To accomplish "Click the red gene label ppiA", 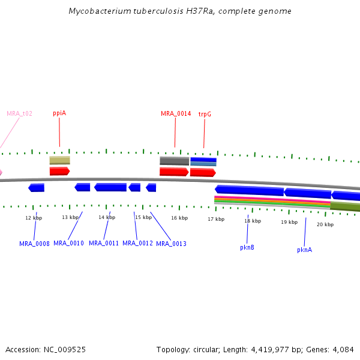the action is click(x=59, y=113).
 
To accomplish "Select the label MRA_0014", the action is click(x=176, y=113).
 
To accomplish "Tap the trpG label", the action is click(x=205, y=113).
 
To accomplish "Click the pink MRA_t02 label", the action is click(x=20, y=113).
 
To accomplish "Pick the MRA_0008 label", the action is click(x=34, y=244).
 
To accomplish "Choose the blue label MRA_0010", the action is click(x=68, y=243).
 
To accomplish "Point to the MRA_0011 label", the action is click(x=104, y=243).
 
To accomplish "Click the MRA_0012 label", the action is click(x=137, y=243).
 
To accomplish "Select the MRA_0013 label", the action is click(x=171, y=244).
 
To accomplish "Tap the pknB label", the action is click(x=247, y=247).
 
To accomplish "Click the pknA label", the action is click(x=304, y=250).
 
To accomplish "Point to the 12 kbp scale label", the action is click(x=34, y=218).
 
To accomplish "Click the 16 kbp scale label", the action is click(x=179, y=218).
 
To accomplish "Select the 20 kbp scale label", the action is click(x=325, y=224).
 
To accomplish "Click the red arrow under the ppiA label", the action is click(x=59, y=171).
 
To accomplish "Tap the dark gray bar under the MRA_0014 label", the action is click(x=174, y=161).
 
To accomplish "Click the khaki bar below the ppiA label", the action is click(x=59, y=160).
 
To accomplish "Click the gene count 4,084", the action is click(x=343, y=349).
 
